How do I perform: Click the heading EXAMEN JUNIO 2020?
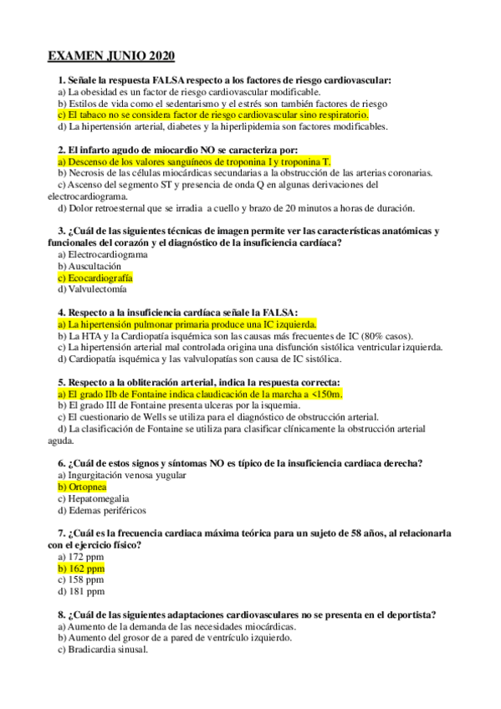click(x=110, y=56)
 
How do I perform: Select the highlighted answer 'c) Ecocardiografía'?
click(x=95, y=277)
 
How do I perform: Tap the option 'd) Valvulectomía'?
click(x=93, y=288)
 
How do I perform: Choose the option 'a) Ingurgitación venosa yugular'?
click(x=122, y=474)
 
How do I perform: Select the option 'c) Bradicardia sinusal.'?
click(x=103, y=649)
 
